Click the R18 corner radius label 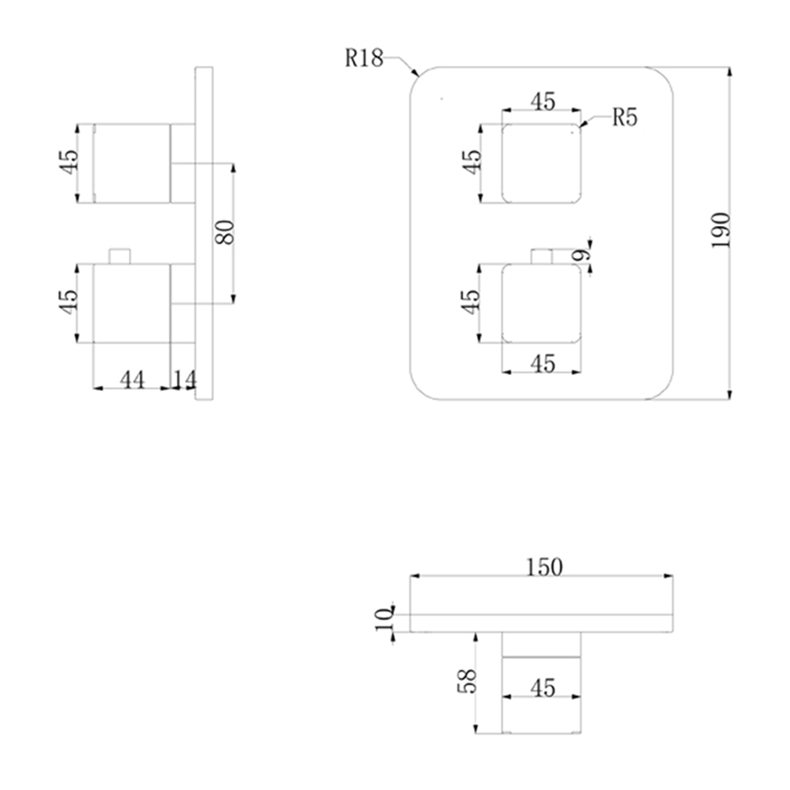click(x=363, y=58)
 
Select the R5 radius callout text click(x=625, y=118)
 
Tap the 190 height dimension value click(x=720, y=230)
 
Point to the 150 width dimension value click(x=544, y=567)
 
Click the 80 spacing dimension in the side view click(x=224, y=232)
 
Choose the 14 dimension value click(x=184, y=379)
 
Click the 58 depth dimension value click(x=467, y=681)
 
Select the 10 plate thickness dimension click(x=384, y=619)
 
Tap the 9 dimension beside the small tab click(x=581, y=255)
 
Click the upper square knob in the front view click(x=542, y=164)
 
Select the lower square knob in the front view click(x=542, y=304)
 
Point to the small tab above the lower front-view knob click(x=542, y=257)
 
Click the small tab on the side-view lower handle click(x=120, y=257)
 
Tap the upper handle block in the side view click(x=132, y=164)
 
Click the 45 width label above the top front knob click(x=543, y=102)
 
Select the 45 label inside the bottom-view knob click(x=543, y=688)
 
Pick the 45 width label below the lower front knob click(x=543, y=363)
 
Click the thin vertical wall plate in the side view click(x=204, y=233)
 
